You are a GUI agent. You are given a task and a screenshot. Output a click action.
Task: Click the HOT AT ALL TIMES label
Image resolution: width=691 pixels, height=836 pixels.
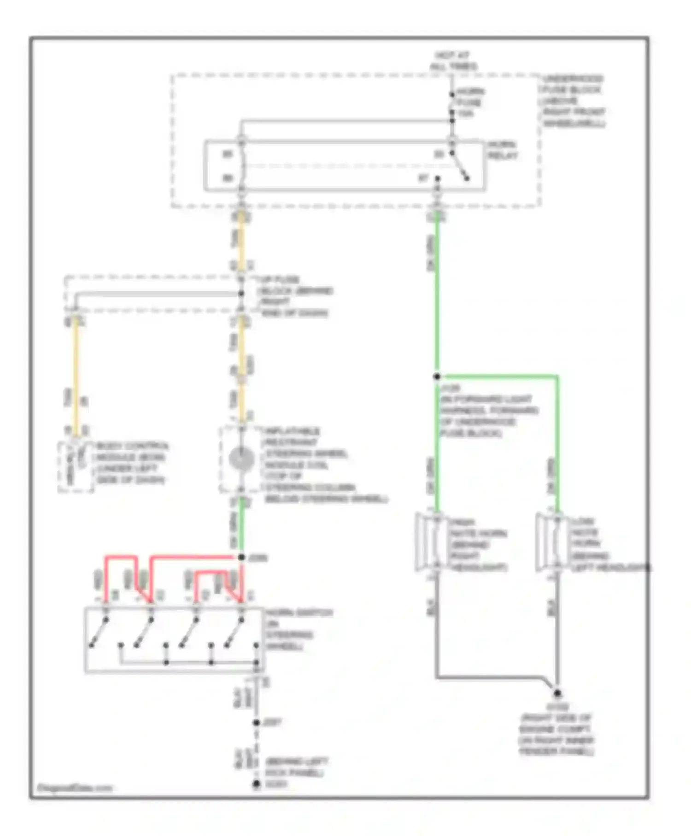click(453, 61)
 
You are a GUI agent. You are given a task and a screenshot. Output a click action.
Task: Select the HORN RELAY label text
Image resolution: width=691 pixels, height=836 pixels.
click(503, 150)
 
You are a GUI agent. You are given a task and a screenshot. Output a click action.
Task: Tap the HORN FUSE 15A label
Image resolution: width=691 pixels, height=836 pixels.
click(469, 102)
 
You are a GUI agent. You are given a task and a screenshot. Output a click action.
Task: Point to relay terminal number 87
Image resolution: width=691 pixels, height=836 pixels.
click(423, 178)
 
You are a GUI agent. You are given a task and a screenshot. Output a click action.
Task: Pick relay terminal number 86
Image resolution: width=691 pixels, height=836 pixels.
click(228, 178)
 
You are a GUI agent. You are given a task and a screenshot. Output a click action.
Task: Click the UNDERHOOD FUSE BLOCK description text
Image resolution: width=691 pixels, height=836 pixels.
click(573, 101)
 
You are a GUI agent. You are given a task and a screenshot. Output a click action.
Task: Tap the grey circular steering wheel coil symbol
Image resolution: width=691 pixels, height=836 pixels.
click(241, 459)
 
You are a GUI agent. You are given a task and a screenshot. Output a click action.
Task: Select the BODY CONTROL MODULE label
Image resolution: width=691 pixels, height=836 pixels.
click(132, 463)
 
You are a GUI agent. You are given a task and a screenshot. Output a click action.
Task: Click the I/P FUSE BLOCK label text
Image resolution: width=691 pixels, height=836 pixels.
click(295, 296)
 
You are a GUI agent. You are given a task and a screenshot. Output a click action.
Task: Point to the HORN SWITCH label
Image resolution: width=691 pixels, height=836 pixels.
click(299, 629)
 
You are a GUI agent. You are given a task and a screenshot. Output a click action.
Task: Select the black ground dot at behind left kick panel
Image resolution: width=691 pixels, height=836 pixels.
click(257, 784)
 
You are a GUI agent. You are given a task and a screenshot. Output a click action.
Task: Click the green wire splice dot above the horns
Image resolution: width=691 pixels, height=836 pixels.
click(437, 377)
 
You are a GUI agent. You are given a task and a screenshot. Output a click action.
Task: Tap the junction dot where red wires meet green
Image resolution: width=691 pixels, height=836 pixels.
click(241, 557)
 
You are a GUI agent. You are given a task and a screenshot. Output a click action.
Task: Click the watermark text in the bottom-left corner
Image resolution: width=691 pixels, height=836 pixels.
click(75, 788)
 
